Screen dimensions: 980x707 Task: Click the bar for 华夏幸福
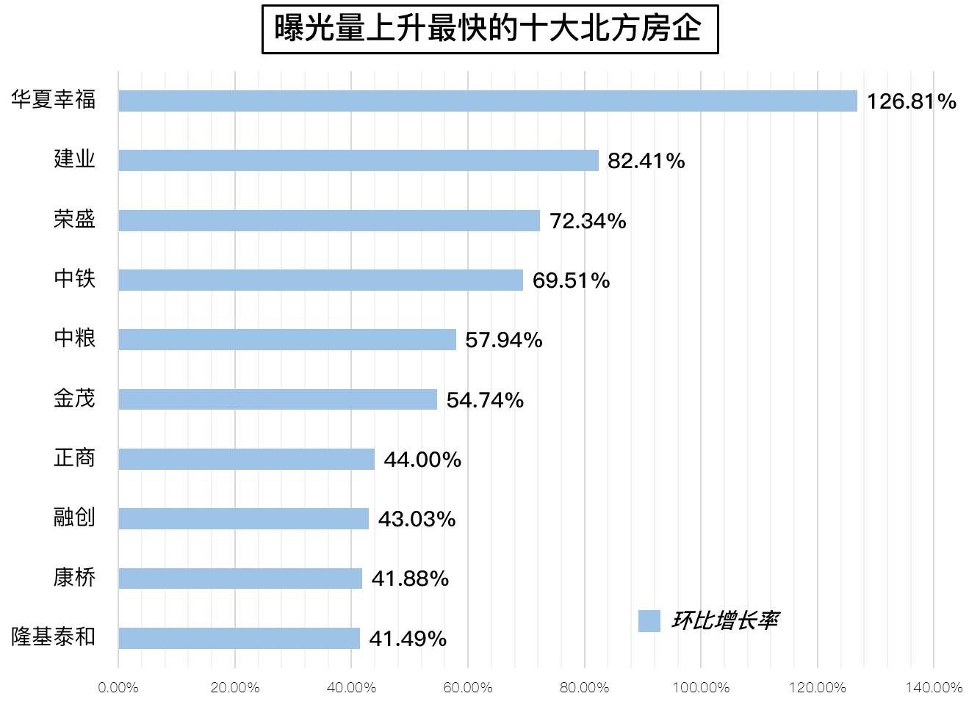[488, 101]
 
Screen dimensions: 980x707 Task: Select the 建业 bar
[359, 161]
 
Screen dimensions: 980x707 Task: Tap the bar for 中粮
[287, 340]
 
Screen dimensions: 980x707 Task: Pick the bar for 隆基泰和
[239, 638]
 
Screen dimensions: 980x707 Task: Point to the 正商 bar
[247, 459]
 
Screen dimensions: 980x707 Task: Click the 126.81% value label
[912, 101]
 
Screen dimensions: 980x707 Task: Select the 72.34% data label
[588, 221]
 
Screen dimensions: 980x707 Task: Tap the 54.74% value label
[485, 400]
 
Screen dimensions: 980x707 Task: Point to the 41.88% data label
[411, 579]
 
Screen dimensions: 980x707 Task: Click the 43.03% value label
[417, 520]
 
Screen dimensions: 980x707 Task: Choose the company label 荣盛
[74, 219]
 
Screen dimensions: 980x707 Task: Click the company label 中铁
[74, 278]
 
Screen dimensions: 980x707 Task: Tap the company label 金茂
[74, 399]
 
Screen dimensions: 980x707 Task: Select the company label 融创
[74, 518]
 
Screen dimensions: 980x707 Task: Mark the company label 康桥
[74, 578]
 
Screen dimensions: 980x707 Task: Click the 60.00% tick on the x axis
[468, 688]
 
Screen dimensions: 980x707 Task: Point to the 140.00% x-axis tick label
[934, 688]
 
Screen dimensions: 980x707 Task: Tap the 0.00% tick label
[118, 688]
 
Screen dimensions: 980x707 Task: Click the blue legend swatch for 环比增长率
[649, 621]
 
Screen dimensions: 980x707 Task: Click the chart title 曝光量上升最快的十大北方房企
[489, 29]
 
